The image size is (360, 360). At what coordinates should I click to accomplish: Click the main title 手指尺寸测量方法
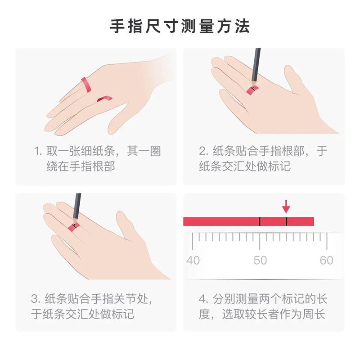(180, 26)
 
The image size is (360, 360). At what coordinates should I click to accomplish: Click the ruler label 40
(193, 261)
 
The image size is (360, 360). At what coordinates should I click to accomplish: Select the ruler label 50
(260, 261)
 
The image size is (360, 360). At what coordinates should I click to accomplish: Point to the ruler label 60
(326, 261)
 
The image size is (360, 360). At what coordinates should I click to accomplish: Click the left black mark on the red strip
(260, 221)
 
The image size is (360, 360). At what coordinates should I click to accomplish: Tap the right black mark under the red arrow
(286, 221)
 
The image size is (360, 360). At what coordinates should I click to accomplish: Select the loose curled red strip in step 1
(105, 98)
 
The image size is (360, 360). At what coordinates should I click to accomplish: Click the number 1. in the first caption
(38, 151)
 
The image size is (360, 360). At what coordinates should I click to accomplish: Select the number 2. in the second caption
(203, 151)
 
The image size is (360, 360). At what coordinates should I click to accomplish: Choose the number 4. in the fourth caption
(203, 299)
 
